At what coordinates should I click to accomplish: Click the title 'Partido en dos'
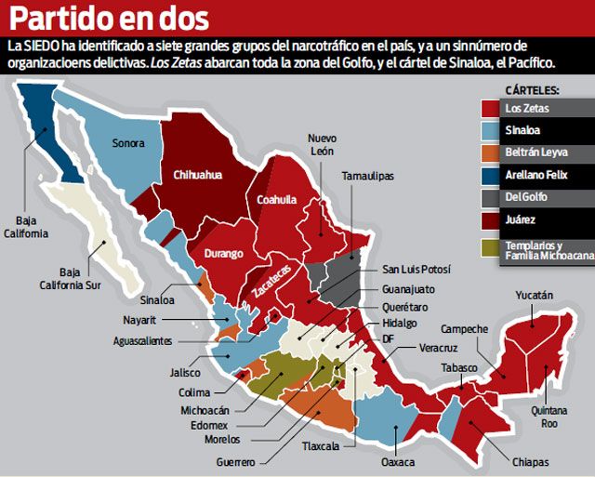pos(110,19)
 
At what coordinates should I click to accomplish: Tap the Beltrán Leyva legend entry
pos(534,152)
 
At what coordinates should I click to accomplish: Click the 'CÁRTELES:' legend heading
pos(531,90)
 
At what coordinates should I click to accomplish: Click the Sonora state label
pos(128,143)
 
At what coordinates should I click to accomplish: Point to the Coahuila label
pos(278,199)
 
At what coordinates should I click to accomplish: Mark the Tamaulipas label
pos(367,176)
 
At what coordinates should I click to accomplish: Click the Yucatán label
pos(534,296)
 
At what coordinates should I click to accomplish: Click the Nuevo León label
pos(322,145)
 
